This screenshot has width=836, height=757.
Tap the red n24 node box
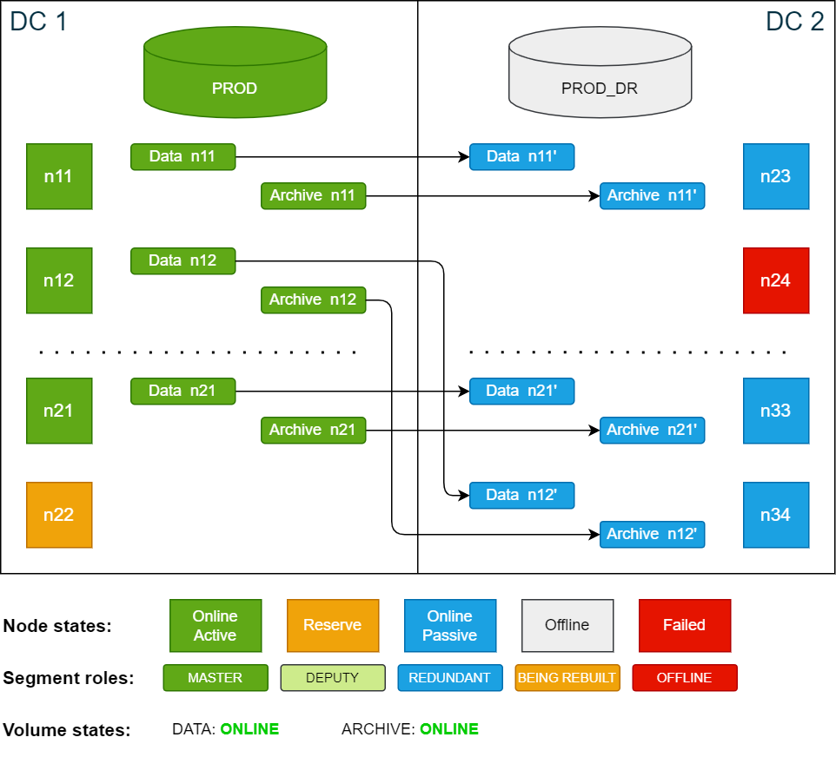point(776,280)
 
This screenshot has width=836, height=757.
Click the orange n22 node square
point(59,515)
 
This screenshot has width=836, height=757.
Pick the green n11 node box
point(59,176)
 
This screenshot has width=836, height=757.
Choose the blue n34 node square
point(776,515)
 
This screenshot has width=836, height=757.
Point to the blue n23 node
point(776,176)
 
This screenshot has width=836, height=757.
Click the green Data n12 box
point(182,260)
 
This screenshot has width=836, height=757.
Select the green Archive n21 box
point(313,430)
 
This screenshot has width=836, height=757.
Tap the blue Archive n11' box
point(652,195)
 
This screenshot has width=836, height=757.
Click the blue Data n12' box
point(521,495)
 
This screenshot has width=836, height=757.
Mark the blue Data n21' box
point(521,391)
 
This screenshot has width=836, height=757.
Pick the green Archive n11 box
point(313,195)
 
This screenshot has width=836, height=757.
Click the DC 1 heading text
point(38,21)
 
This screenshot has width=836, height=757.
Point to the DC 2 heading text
point(794,21)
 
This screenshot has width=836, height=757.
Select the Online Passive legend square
point(450,625)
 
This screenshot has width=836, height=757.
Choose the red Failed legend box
point(685,625)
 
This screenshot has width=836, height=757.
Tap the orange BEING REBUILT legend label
point(567,677)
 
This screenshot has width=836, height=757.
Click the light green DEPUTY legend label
point(333,677)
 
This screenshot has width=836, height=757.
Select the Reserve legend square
point(333,625)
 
